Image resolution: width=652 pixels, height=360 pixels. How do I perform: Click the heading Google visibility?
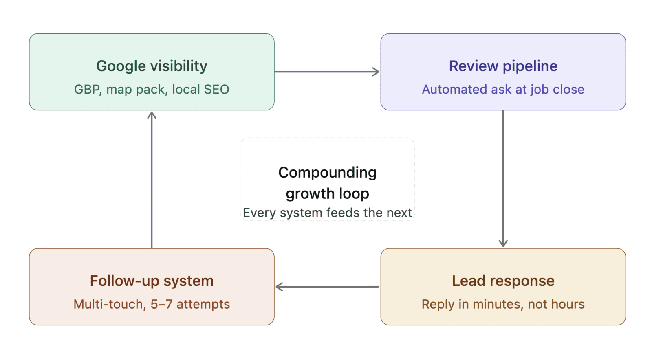152,66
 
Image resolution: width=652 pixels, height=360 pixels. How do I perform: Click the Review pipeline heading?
503,66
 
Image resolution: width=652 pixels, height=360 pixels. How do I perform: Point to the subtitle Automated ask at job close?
503,89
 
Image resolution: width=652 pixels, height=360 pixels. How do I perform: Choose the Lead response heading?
503,281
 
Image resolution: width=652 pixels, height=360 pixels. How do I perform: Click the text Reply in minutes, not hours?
503,304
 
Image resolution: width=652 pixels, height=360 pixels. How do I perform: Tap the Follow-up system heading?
152,281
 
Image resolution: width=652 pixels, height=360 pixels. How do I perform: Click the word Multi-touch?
108,304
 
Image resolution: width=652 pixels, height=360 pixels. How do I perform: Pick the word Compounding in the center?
327,172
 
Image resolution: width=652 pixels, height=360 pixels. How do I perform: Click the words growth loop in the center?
327,193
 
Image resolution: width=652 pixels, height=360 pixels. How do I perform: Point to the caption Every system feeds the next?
327,213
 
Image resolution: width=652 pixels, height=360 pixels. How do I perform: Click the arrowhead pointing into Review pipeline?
376,72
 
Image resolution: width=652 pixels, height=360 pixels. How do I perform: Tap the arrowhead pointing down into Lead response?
503,243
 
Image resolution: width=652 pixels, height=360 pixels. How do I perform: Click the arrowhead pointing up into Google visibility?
152,115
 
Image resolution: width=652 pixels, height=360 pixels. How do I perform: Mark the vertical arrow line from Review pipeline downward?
503,175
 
